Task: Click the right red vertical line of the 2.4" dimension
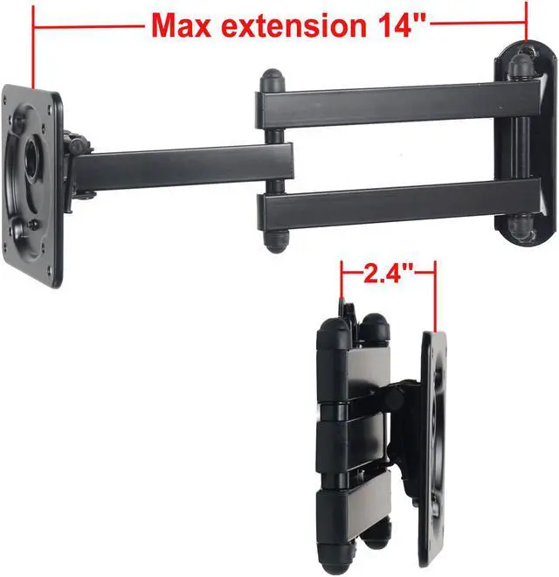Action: pyautogui.click(x=434, y=297)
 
